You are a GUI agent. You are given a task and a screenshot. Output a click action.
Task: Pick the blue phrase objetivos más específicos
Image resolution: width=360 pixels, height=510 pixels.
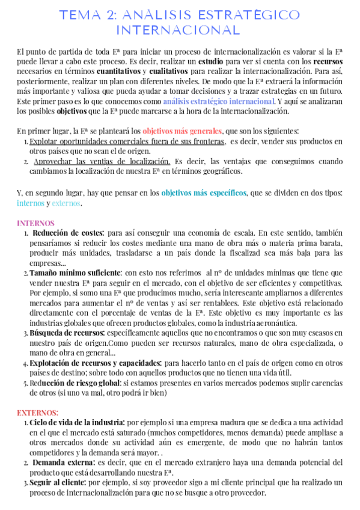click(204, 192)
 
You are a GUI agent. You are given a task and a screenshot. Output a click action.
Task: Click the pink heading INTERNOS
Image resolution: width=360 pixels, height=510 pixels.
click(35, 223)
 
